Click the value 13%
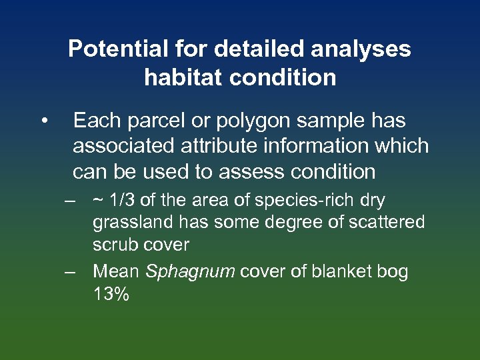(x=111, y=294)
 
